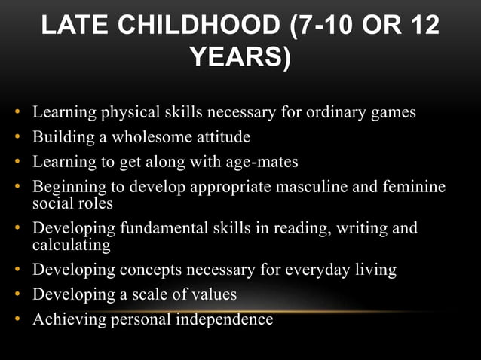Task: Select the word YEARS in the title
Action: [x=234, y=56]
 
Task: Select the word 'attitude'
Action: [x=221, y=138]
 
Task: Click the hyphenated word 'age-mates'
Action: [x=265, y=162]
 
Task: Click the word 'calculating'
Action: [x=71, y=245]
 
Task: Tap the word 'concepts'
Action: [x=147, y=269]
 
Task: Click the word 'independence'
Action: [x=224, y=319]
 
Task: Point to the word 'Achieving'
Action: [x=66, y=319]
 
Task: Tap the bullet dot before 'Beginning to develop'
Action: [x=17, y=187]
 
